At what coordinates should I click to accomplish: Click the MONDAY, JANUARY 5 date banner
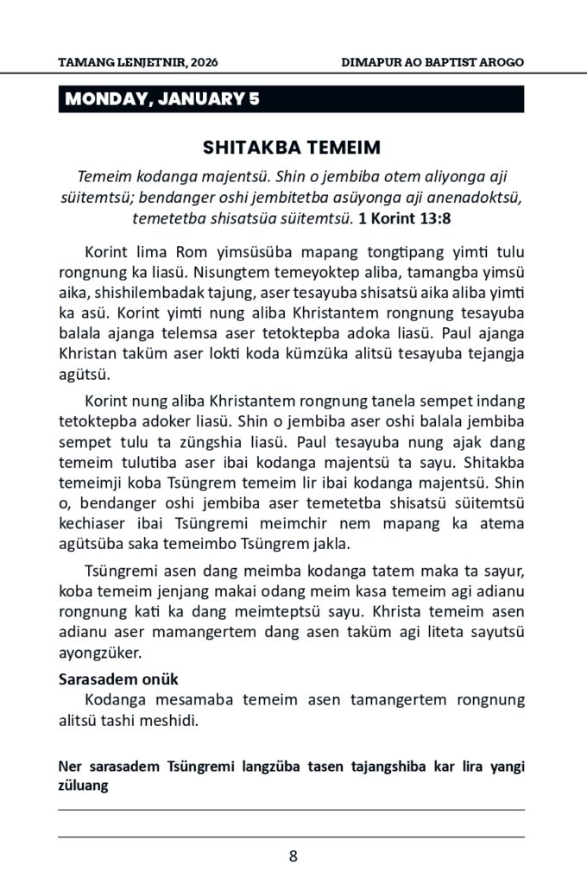click(x=161, y=99)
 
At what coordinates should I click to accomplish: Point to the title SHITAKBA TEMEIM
click(x=292, y=147)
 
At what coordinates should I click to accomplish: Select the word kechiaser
click(x=92, y=525)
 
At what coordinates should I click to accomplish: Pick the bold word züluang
click(x=83, y=786)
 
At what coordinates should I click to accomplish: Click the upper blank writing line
click(x=292, y=810)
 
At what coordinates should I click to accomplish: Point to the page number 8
click(x=293, y=856)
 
